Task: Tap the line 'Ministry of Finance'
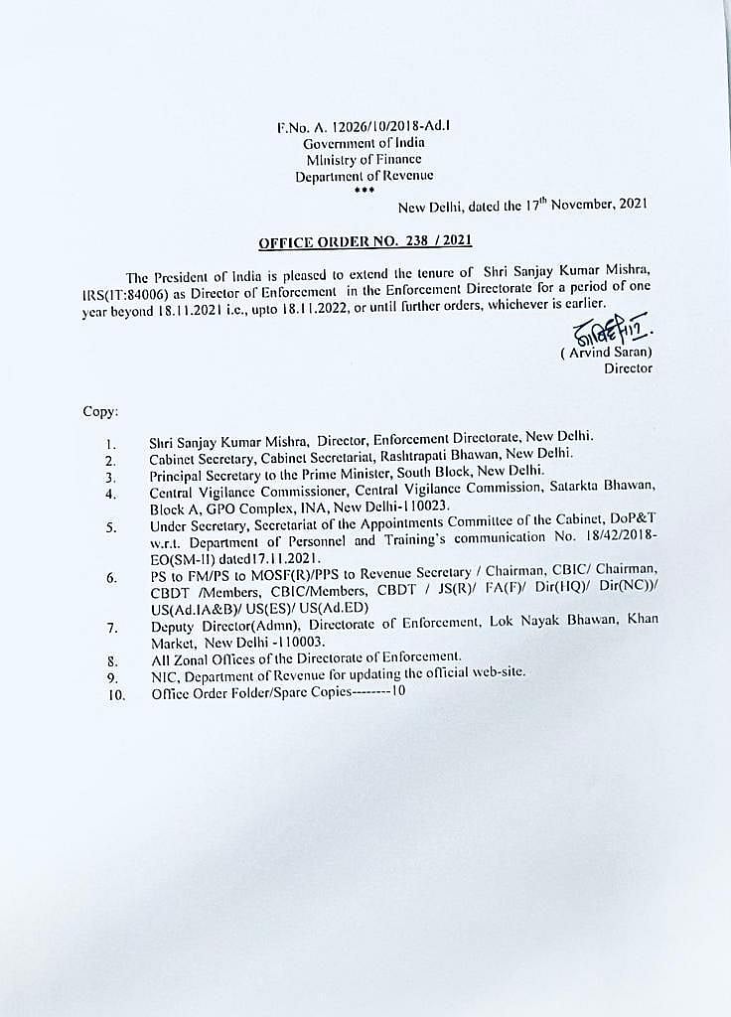point(364,159)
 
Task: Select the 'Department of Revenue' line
point(364,175)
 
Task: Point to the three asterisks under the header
point(365,189)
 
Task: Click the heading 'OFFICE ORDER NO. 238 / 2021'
point(365,241)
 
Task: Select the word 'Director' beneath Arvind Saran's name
point(628,367)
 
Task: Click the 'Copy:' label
point(100,410)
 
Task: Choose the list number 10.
point(116,694)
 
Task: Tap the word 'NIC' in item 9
point(162,675)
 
